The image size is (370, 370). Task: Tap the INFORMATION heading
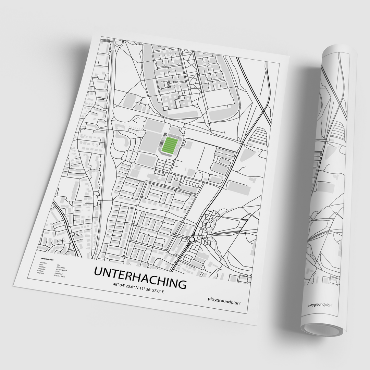click(x=47, y=259)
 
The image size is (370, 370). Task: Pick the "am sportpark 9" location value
click(x=61, y=270)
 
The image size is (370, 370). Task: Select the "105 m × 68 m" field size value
click(x=60, y=276)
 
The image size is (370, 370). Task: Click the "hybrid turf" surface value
click(x=59, y=273)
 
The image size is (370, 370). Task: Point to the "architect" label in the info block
click(x=44, y=263)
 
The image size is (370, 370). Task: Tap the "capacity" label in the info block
click(x=41, y=269)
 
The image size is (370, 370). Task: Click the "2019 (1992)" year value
click(x=61, y=268)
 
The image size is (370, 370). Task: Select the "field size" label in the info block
click(x=40, y=273)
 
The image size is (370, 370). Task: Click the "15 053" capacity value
click(x=58, y=271)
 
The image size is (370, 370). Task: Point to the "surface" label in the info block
click(x=40, y=271)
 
